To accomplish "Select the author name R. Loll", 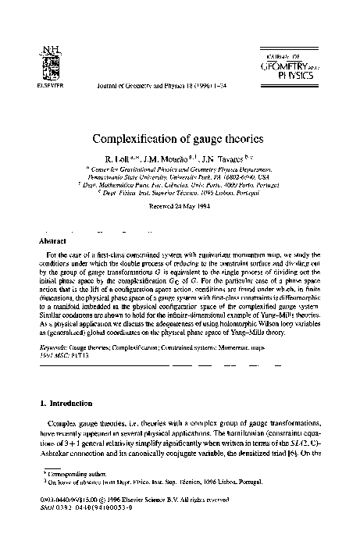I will [130, 158].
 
